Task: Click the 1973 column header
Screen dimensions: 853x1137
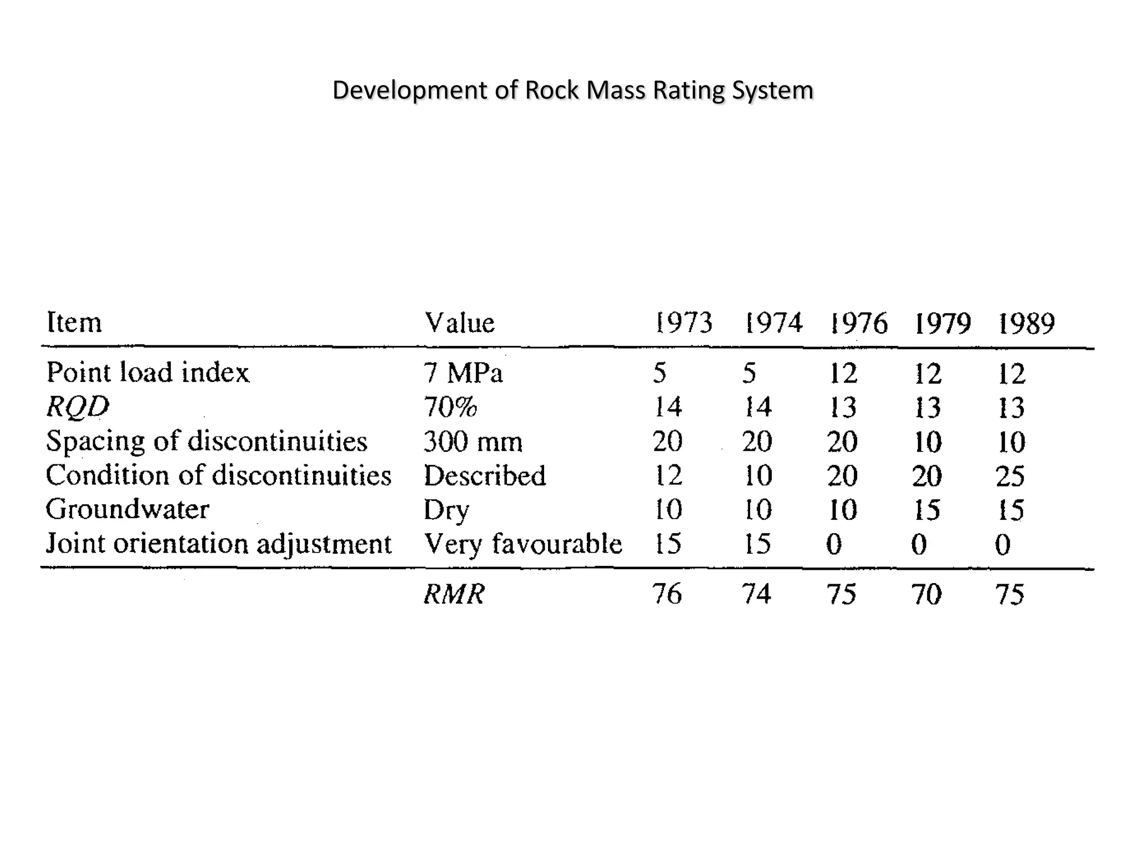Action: tap(683, 323)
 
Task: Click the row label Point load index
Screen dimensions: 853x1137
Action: tap(148, 373)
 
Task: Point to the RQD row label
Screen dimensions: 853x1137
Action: tap(78, 407)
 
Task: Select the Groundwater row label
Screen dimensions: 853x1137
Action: tap(127, 509)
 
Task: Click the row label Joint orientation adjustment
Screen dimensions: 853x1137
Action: tap(219, 544)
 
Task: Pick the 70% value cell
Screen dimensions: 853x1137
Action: tap(450, 407)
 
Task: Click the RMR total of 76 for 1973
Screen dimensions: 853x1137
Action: tap(667, 594)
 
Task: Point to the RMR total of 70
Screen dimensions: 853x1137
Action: tap(926, 594)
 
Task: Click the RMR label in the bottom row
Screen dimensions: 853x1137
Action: tap(454, 594)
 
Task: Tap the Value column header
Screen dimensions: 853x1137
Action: tap(459, 323)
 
